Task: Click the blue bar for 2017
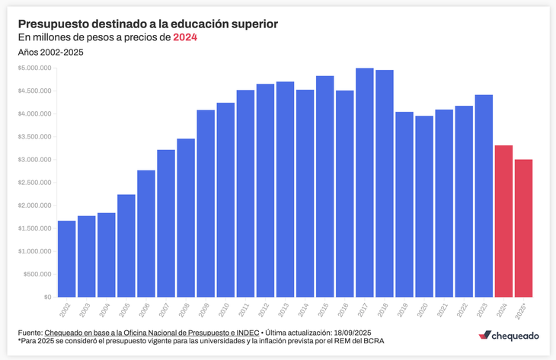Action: [364, 183]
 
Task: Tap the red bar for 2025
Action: [523, 228]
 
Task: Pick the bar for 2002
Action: [67, 259]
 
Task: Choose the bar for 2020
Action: [424, 206]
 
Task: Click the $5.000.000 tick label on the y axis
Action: [35, 68]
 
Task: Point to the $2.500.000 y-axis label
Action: [35, 183]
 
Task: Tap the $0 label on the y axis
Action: [46, 297]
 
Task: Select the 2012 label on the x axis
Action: [263, 310]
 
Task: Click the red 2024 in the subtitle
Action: [185, 37]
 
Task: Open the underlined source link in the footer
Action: [152, 333]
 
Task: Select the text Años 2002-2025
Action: [50, 53]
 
